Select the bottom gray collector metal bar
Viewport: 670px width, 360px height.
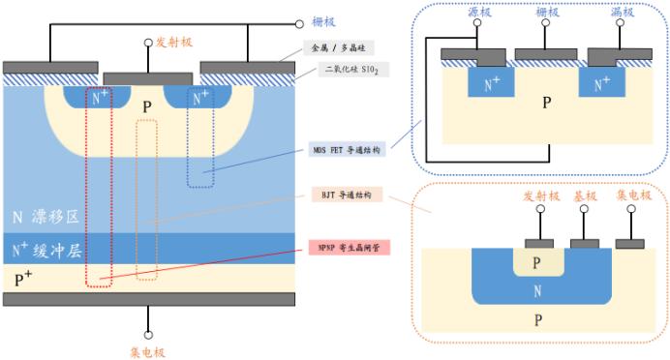148,298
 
